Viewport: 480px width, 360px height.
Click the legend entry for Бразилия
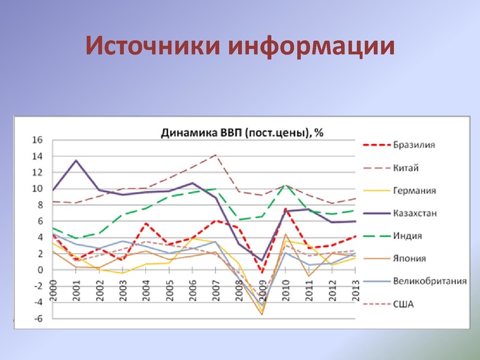pos(414,145)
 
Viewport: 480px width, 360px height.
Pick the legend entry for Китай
pos(406,167)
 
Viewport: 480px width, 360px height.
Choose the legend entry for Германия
pos(414,190)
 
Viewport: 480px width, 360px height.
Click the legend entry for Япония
pos(410,259)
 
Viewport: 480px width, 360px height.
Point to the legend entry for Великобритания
pos(430,281)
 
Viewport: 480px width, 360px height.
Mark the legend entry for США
pos(404,304)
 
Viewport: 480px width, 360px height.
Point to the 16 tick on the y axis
pos(37,140)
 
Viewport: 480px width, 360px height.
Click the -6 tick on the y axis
pos(37,319)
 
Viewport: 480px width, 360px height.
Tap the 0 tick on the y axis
pos(40,270)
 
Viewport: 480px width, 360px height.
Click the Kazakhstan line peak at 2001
pos(76,160)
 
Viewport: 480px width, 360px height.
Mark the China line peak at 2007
pos(215,155)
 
